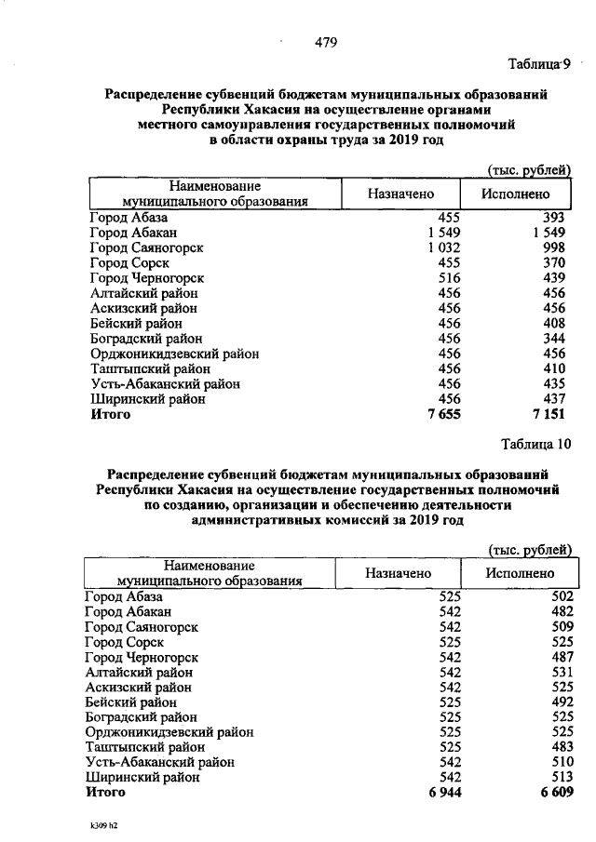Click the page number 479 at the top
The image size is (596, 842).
pos(325,42)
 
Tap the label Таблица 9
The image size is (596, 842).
pos(537,64)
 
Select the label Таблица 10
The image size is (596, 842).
pos(535,442)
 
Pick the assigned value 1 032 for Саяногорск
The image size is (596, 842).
pos(444,248)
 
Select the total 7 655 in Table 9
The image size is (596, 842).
pos(443,415)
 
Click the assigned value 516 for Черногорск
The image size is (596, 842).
pos(449,278)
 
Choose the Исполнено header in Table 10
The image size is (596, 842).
pos(520,573)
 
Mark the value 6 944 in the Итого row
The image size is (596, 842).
pos(443,792)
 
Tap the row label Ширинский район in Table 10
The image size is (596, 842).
pos(142,777)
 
